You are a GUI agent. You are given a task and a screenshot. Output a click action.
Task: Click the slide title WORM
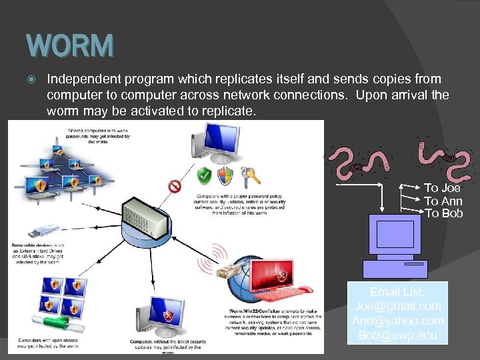(x=70, y=46)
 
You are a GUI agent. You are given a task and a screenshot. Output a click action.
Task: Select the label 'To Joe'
(x=442, y=188)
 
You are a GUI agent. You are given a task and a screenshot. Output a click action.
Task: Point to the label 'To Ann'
(x=443, y=201)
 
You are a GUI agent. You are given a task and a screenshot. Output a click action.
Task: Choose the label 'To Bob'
(x=443, y=213)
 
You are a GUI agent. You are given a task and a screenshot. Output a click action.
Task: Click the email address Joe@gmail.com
(x=397, y=306)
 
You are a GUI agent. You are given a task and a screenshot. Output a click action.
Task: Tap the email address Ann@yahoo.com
(x=397, y=321)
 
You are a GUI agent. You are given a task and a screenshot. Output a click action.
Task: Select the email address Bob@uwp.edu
(x=397, y=335)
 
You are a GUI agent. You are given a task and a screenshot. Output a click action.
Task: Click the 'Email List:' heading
(x=397, y=292)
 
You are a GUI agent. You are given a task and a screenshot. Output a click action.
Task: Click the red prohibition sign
(x=175, y=186)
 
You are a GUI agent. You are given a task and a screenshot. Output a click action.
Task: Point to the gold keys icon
(x=251, y=176)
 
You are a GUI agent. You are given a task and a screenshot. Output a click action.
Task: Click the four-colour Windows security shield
(x=225, y=176)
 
